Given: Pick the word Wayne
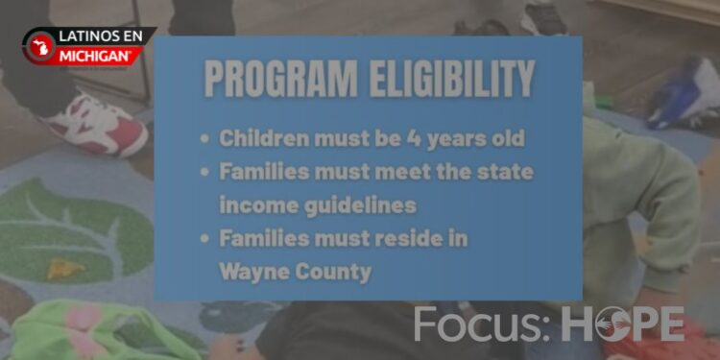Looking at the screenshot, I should click(x=252, y=272).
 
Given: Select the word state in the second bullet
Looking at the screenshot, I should click(x=504, y=172).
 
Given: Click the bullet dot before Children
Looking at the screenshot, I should click(x=204, y=139).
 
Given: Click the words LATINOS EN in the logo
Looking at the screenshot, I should click(x=101, y=36).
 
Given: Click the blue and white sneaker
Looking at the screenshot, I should click(x=684, y=94).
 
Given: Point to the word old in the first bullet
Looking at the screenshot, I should click(x=507, y=138).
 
